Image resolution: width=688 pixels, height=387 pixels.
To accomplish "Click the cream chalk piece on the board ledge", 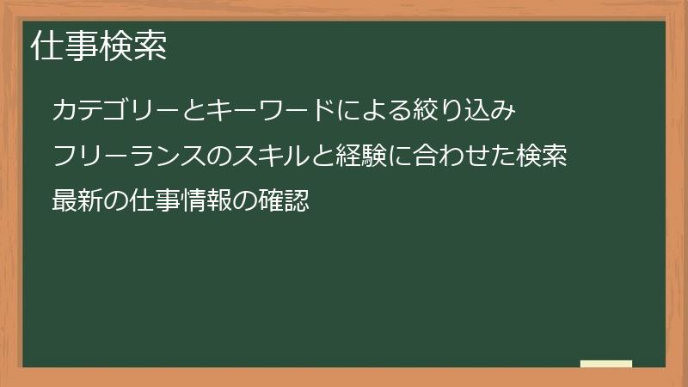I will click(605, 364).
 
